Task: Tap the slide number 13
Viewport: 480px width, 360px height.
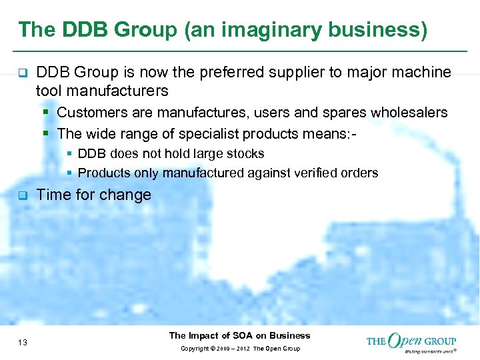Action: [x=23, y=343]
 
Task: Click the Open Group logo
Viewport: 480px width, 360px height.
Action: [x=411, y=341]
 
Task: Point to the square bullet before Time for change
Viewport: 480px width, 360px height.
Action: [x=21, y=196]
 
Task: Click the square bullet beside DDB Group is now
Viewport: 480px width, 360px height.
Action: [x=21, y=73]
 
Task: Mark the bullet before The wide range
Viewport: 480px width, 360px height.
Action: [x=47, y=133]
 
